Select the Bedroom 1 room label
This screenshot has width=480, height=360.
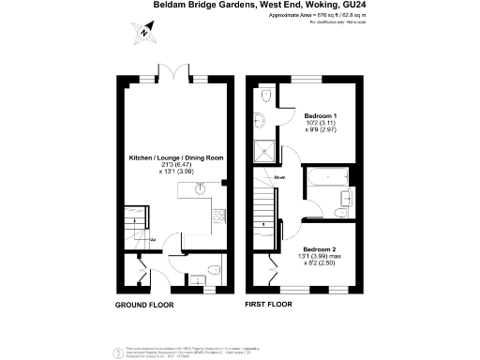click(x=320, y=115)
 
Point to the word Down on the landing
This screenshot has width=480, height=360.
click(x=279, y=176)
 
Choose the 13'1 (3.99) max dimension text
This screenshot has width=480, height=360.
click(x=319, y=256)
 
